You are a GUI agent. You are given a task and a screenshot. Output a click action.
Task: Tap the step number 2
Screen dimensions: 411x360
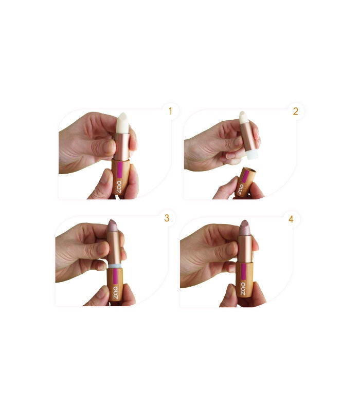tap(295, 111)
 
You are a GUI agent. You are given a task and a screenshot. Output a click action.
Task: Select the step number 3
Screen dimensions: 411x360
tap(166, 218)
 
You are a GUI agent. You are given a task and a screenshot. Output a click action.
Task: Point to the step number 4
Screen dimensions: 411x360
tap(291, 219)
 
